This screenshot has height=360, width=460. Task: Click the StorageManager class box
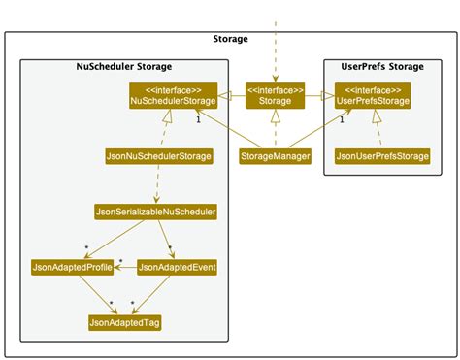pyautogui.click(x=276, y=155)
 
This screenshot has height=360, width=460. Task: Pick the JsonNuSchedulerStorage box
pyautogui.click(x=159, y=155)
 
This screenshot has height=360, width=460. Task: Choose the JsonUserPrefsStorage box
pyautogui.click(x=381, y=155)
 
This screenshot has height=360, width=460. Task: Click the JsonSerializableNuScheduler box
pyautogui.click(x=155, y=211)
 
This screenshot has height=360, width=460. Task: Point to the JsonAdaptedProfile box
pyautogui.click(x=72, y=267)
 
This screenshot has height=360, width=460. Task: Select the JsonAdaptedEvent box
pyautogui.click(x=177, y=267)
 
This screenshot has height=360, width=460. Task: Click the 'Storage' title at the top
pyautogui.click(x=230, y=39)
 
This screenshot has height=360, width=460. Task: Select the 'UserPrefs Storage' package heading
pyautogui.click(x=384, y=66)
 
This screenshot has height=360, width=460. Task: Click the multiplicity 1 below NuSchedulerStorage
pyautogui.click(x=198, y=120)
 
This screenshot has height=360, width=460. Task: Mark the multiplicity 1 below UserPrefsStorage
pyautogui.click(x=342, y=120)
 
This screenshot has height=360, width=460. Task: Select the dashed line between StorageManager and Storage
pyautogui.click(x=276, y=128)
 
